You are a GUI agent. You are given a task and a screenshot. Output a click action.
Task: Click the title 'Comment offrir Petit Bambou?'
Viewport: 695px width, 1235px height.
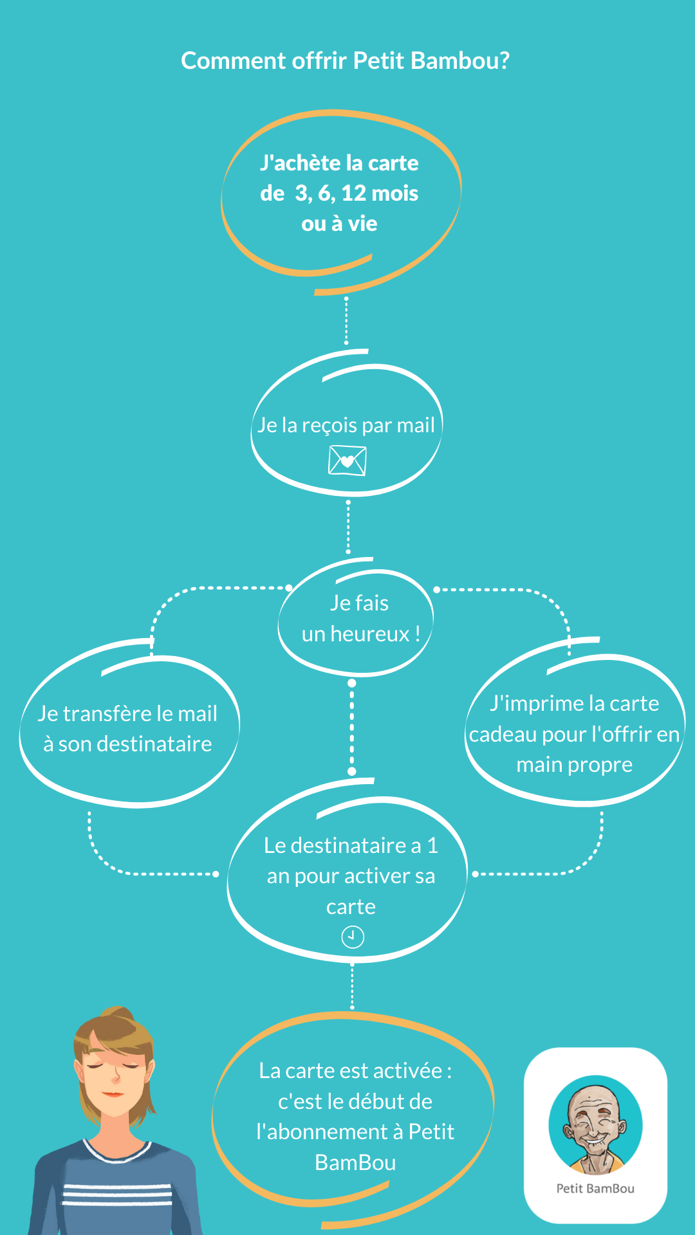[x=346, y=60]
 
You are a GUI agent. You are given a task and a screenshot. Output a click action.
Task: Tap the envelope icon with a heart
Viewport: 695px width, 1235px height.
[x=347, y=461]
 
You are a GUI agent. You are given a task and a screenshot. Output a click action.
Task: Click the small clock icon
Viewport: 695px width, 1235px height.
[x=353, y=937]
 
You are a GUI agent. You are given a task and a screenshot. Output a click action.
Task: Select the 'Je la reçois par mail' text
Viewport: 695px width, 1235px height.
[x=346, y=425]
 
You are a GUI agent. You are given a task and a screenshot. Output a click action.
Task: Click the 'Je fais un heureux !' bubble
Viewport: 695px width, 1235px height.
[x=356, y=617]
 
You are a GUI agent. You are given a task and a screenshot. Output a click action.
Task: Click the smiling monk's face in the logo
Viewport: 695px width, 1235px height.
[x=593, y=1122]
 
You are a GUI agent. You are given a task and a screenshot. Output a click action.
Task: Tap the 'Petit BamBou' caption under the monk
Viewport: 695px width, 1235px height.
[x=595, y=1189]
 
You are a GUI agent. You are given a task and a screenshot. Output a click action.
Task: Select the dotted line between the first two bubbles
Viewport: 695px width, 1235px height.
[x=346, y=320]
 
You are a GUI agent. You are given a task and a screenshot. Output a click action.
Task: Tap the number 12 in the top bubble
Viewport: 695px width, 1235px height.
[x=353, y=193]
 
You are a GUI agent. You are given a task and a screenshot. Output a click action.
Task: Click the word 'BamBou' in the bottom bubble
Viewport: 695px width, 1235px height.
[x=355, y=1163]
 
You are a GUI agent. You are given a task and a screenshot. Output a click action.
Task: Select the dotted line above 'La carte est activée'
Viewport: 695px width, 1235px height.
[x=352, y=986]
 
